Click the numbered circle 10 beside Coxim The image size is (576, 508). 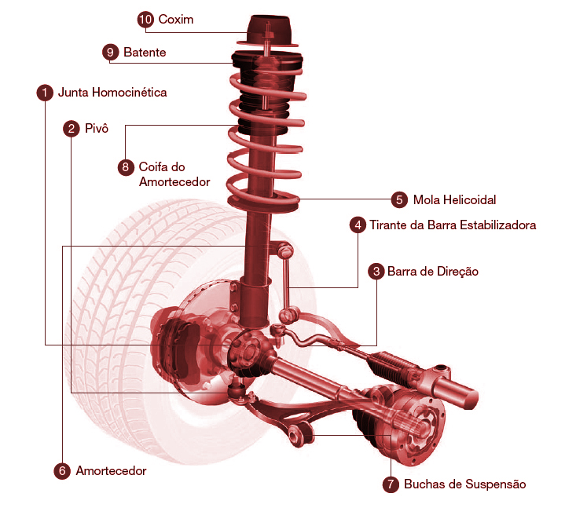[145, 20]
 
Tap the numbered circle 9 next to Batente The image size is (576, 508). [110, 52]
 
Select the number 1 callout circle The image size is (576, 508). [45, 93]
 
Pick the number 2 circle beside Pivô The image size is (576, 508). [72, 129]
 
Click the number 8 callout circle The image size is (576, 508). [126, 167]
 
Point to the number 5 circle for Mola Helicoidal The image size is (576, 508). [399, 199]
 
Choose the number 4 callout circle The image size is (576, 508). [358, 225]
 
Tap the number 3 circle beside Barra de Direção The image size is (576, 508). [376, 272]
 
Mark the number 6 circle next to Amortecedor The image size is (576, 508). [62, 471]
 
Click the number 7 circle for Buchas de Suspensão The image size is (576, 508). [391, 484]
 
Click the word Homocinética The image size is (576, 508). [130, 92]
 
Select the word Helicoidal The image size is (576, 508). [470, 199]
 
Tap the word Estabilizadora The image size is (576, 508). [497, 225]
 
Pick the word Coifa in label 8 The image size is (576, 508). [152, 166]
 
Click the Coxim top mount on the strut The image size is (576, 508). [269, 31]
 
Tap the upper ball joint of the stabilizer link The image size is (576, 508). [284, 250]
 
